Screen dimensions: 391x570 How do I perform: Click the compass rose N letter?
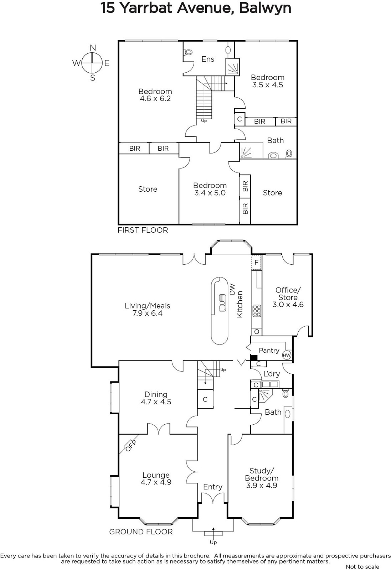coord(93,48)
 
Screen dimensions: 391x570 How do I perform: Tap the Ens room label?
coord(208,59)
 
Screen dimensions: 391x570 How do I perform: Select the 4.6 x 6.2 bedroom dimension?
coord(155,99)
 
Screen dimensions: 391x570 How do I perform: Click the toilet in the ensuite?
coord(188,52)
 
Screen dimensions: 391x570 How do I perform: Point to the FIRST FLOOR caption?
coord(143,230)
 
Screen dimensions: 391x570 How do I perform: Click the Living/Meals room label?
coord(148,306)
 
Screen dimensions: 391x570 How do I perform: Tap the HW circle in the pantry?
coord(287,355)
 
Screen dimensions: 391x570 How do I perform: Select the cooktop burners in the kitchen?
coord(257,311)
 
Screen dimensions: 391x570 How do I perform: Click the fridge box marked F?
coord(256,262)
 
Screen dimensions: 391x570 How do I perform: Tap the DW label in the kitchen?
coord(232,289)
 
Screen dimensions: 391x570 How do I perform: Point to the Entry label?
coord(213,487)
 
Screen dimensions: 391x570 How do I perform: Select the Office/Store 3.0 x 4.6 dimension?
coord(288,305)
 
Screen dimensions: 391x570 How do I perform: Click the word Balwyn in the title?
coord(265,8)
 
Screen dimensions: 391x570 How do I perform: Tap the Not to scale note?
coord(362,566)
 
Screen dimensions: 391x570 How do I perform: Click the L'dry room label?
coord(272,374)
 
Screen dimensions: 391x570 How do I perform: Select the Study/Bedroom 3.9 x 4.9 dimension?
coord(261,485)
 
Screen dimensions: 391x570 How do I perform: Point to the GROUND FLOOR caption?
coord(141,532)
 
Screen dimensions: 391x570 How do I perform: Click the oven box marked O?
coord(257,332)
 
